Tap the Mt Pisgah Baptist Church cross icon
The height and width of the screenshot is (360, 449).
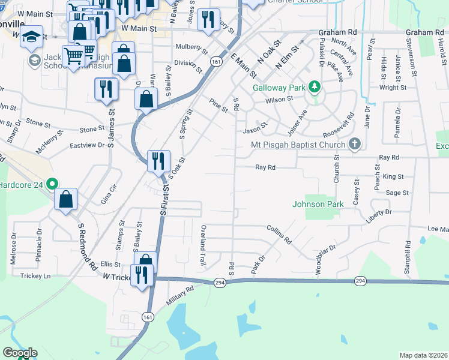(x=355, y=144)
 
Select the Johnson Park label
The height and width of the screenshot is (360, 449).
(x=318, y=204)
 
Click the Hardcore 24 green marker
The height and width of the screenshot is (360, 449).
(x=52, y=184)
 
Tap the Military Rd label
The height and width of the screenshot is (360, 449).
(x=181, y=295)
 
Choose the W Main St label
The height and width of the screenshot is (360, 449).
(x=138, y=28)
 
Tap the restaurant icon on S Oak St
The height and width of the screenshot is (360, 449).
(x=157, y=160)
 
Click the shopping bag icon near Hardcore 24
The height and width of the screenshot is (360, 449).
(x=65, y=199)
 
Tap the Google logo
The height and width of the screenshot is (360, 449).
(x=20, y=353)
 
